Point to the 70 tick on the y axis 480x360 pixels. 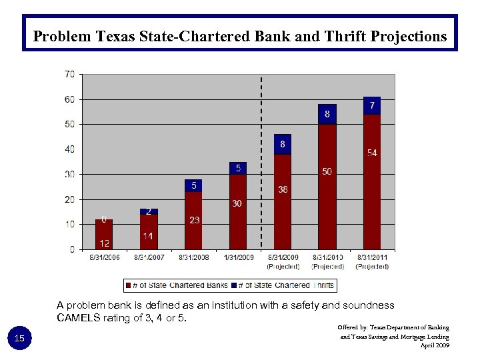click(69, 74)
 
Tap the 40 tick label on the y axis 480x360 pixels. click(69, 149)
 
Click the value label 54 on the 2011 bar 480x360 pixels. click(372, 153)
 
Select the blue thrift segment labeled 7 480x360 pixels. click(372, 105)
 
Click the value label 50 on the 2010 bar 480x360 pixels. click(327, 172)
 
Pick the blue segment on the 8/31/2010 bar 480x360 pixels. click(327, 114)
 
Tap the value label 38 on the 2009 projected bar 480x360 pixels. click(283, 189)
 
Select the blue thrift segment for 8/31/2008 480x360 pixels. click(193, 185)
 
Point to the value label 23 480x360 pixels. click(194, 220)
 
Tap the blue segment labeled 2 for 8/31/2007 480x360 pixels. click(149, 211)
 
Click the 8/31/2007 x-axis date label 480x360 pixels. click(149, 257)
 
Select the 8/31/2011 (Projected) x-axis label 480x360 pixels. click(372, 261)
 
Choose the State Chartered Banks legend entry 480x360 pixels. click(176, 285)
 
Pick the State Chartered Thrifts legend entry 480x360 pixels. click(283, 285)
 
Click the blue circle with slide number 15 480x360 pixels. click(19, 339)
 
